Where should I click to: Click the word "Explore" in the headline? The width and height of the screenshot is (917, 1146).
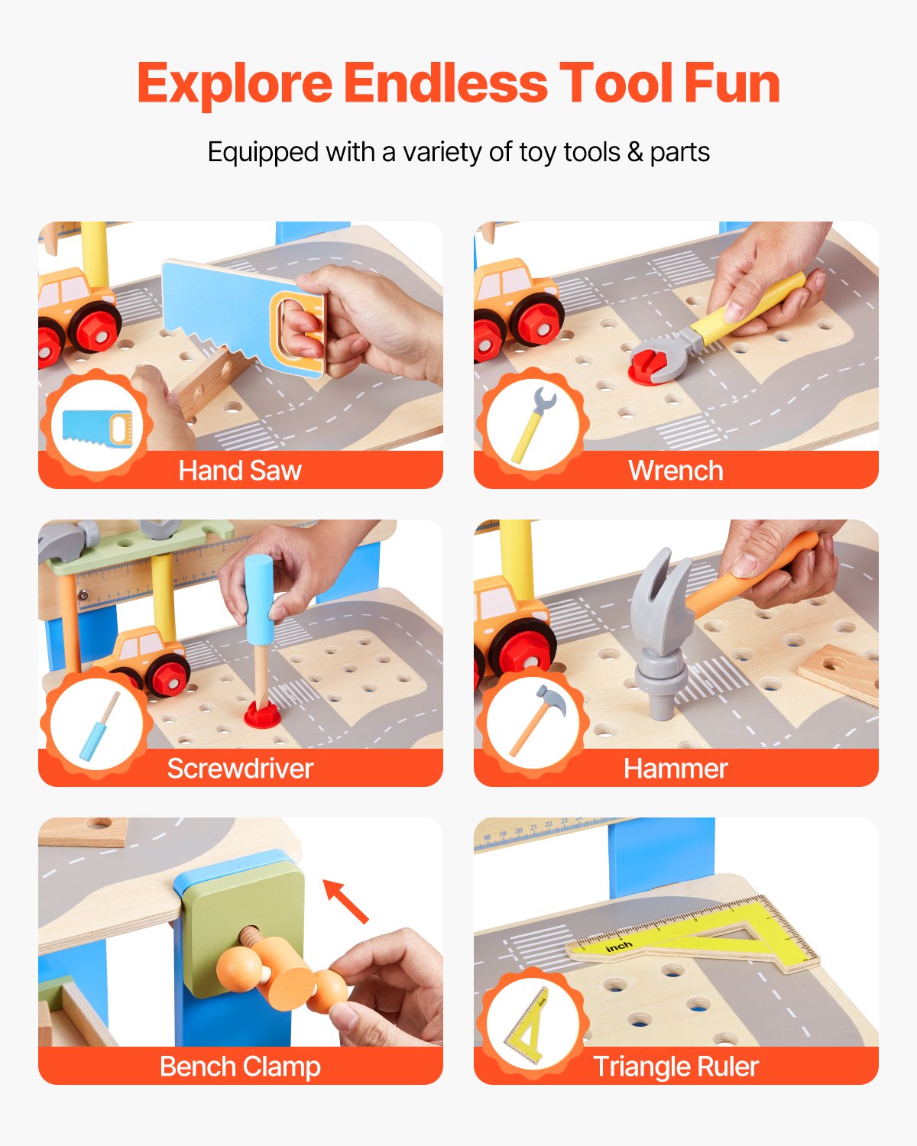[x=235, y=83]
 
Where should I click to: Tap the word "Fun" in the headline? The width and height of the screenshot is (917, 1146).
[x=731, y=83]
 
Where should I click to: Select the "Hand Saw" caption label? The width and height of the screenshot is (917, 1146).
[x=240, y=471]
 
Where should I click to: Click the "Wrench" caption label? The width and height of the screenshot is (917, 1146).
[x=676, y=471]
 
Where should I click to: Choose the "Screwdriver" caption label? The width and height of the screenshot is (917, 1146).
[x=240, y=769]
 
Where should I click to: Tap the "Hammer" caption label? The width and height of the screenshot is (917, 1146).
[x=676, y=769]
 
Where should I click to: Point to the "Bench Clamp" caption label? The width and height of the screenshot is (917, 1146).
[x=240, y=1067]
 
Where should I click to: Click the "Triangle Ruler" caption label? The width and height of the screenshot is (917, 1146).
[x=676, y=1067]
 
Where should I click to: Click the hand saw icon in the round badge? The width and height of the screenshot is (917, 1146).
[x=97, y=427]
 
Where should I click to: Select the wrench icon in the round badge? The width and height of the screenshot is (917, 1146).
[x=533, y=426]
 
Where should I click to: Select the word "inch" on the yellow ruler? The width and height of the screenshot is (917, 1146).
[x=618, y=947]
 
